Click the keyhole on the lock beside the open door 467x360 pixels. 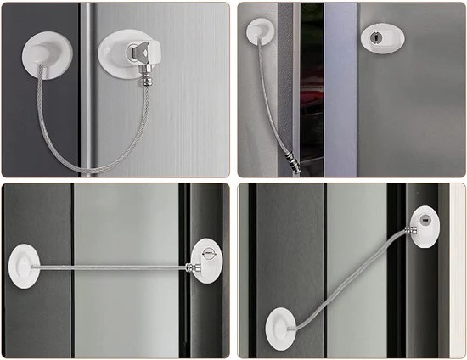pyautogui.click(x=374, y=37)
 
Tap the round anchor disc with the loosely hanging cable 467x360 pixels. pyautogui.click(x=258, y=31)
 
